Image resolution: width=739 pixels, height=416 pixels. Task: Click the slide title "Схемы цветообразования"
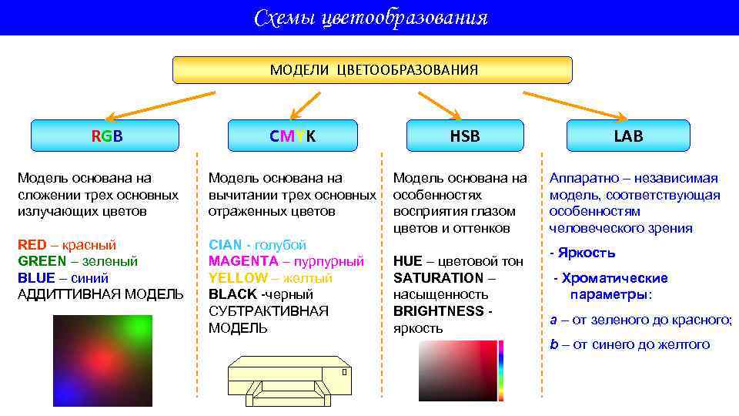click(370, 18)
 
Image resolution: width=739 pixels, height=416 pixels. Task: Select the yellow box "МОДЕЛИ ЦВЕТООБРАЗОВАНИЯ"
click(373, 70)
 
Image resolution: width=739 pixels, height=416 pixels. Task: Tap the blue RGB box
click(105, 136)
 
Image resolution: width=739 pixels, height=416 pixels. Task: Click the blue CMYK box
click(293, 136)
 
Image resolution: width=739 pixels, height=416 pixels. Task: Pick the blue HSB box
click(464, 136)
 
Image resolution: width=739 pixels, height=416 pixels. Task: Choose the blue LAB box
click(628, 136)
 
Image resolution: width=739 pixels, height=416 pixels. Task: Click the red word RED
click(33, 245)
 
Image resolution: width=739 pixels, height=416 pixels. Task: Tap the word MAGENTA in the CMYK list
click(239, 261)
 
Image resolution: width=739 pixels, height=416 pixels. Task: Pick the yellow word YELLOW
click(238, 277)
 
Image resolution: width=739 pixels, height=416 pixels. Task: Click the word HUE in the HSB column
click(407, 261)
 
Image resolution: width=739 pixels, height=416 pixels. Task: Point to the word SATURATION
click(438, 277)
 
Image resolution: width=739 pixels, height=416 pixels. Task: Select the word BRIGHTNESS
click(437, 311)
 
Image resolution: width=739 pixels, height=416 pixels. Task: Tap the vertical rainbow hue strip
click(501, 369)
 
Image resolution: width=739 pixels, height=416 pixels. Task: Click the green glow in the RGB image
click(136, 330)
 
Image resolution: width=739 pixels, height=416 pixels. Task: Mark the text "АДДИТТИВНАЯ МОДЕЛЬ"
click(100, 294)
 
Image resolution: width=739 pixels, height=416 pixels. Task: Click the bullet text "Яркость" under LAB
click(586, 253)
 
